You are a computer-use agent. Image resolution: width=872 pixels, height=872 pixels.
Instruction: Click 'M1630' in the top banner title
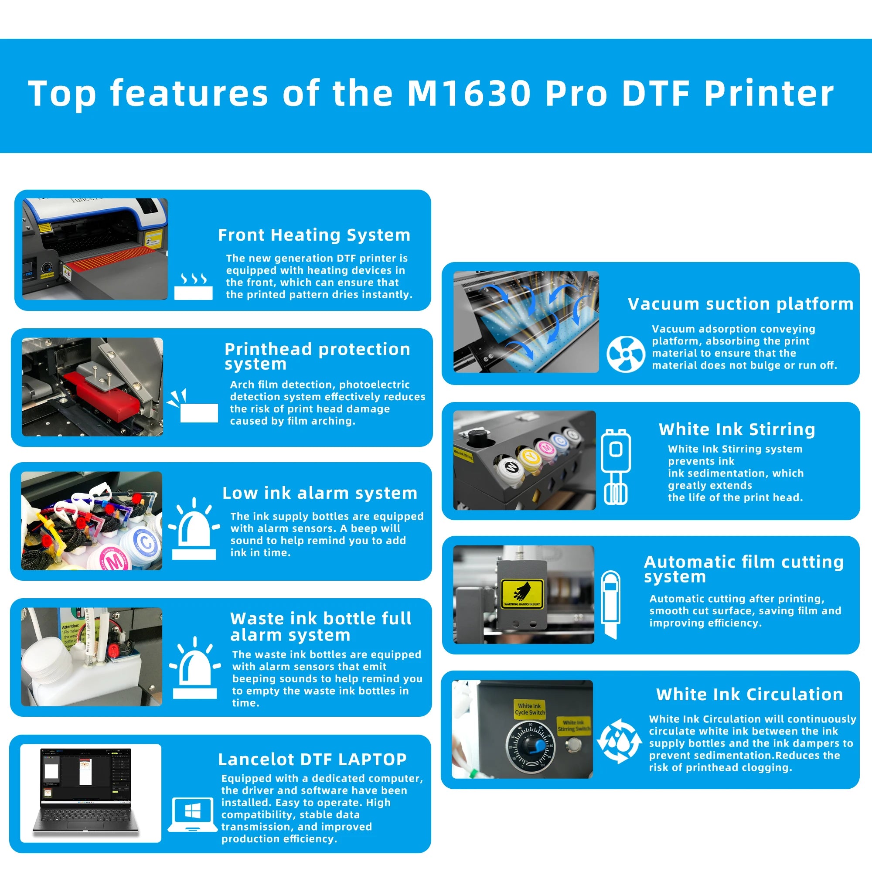469,94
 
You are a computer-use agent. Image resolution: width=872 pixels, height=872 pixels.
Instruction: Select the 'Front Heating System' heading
314,235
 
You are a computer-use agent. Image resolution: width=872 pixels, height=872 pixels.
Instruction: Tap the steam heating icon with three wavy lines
193,286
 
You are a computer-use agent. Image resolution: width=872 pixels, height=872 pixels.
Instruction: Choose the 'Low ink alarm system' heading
320,493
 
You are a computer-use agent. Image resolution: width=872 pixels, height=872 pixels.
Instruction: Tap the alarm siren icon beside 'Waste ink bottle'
195,668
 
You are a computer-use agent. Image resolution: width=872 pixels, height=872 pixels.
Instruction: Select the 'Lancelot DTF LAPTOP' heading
312,760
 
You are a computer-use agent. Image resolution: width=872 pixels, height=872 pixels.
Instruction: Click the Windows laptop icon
193,815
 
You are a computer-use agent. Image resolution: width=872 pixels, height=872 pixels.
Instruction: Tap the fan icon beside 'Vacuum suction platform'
626,354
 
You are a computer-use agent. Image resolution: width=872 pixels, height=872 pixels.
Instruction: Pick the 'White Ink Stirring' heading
736,429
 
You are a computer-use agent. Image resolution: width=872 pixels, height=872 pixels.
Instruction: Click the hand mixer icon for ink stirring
616,467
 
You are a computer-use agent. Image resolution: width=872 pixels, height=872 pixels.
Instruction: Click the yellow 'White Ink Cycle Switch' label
529,709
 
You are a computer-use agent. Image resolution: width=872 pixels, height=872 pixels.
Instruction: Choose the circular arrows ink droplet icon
619,741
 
